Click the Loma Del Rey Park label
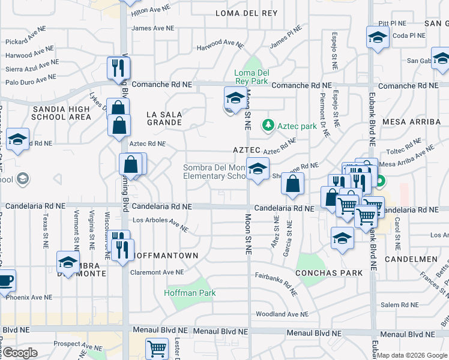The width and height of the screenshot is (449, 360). tap(250, 77)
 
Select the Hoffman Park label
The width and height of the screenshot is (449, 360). tap(190, 293)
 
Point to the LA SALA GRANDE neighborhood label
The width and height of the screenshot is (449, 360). tap(164, 118)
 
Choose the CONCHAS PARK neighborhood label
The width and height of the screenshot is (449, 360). tap(329, 272)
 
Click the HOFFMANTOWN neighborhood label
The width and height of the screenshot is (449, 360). tap(166, 256)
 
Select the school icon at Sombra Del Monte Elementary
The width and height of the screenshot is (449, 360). tap(258, 169)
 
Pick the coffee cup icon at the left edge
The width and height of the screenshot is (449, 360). tap(5, 280)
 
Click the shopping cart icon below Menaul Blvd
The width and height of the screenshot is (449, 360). tap(157, 348)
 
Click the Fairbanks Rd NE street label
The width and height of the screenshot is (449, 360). tap(276, 284)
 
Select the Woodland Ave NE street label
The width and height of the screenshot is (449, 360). tap(282, 314)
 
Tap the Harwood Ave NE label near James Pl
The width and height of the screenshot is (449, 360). tap(221, 43)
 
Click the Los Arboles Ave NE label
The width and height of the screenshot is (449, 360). tap(160, 224)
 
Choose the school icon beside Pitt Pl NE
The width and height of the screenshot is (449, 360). tap(376, 37)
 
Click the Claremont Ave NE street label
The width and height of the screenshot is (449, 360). tap(157, 272)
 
